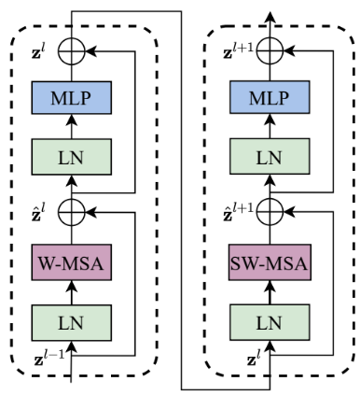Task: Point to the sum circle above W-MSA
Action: tap(72, 211)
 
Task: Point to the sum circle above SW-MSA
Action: tap(270, 211)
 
